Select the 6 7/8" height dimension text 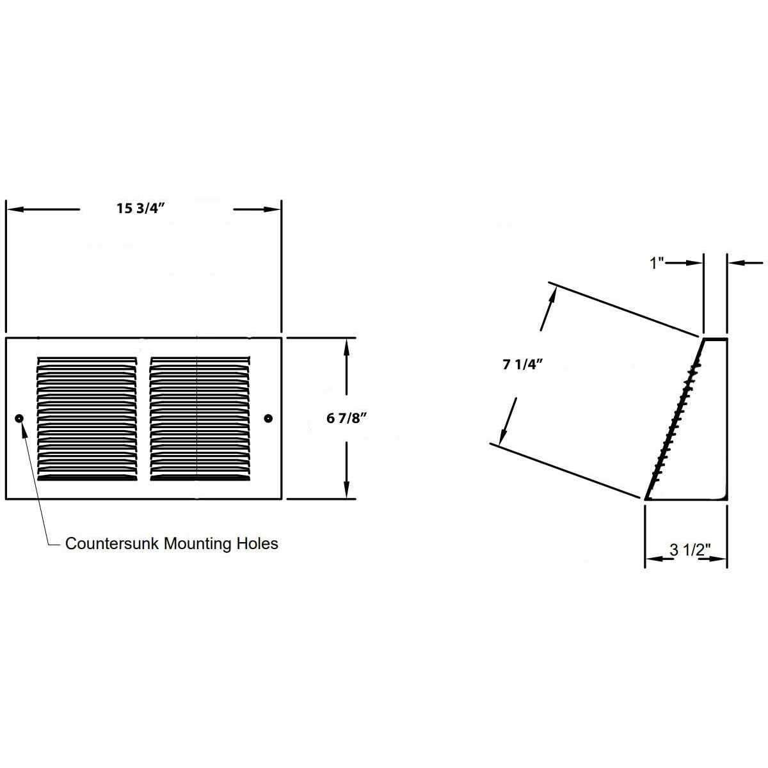tap(346, 419)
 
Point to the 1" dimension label tap(657, 262)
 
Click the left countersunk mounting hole tap(19, 418)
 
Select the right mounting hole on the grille tap(268, 418)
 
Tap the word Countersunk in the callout tap(113, 544)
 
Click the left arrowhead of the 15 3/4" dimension tap(13, 209)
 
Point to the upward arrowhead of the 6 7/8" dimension tap(346, 346)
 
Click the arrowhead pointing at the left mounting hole tap(24, 428)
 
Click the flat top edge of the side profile tap(715, 339)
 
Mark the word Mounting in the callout tap(194, 544)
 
